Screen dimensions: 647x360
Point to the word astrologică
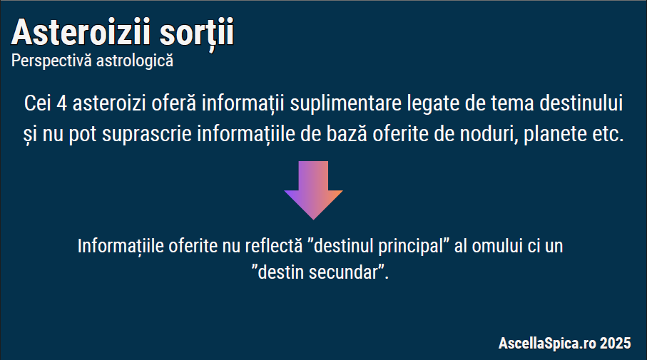tap(135, 61)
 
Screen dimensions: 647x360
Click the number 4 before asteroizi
tap(61, 103)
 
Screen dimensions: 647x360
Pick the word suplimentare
tap(345, 103)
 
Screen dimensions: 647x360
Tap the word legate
tap(433, 104)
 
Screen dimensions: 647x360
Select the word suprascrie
tap(146, 134)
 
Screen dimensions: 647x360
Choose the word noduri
tap(489, 134)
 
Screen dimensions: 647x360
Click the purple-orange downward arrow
tap(314, 190)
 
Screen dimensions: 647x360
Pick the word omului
tap(498, 246)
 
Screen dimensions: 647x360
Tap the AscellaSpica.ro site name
tap(547, 343)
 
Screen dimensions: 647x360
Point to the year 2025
tap(615, 343)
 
